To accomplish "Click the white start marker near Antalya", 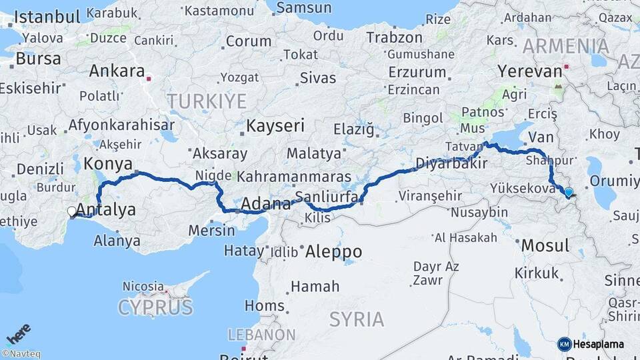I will tap(72, 212).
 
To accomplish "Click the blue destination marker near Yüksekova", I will tap(568, 193).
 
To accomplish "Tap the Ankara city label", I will tap(117, 71).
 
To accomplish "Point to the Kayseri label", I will tap(275, 125).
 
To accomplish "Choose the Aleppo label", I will tap(333, 251).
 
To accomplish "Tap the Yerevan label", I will tap(530, 71).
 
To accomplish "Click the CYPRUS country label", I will tap(155, 307).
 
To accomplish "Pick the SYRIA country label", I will tap(357, 319).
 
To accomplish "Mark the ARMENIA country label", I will tap(566, 46).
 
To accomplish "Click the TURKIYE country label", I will tap(207, 101).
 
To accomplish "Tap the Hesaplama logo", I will tap(591, 344).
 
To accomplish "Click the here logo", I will tap(18, 333).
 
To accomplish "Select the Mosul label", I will tap(545, 245).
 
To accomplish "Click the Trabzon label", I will tap(394, 37).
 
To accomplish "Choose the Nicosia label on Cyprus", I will tap(143, 286).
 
